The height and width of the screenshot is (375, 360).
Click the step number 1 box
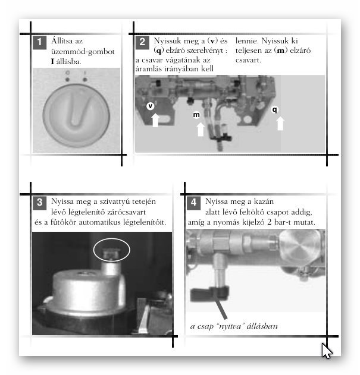(x=39, y=42)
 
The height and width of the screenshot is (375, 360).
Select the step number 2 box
(x=142, y=42)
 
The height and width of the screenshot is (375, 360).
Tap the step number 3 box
(x=39, y=203)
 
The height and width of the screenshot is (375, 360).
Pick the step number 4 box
(x=193, y=203)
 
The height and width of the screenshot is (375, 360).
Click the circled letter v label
(x=151, y=106)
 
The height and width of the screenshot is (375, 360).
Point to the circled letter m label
(x=196, y=115)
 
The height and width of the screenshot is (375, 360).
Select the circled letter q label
(x=274, y=109)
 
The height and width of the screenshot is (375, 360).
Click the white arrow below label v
(x=155, y=120)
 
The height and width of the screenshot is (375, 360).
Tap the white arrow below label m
(x=201, y=130)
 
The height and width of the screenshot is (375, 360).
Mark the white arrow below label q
(x=280, y=124)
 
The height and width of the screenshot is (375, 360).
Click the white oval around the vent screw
(x=112, y=238)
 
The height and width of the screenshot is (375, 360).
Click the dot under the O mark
(x=67, y=80)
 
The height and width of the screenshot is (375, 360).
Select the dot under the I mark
(x=84, y=80)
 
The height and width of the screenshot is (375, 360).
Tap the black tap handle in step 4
(x=209, y=294)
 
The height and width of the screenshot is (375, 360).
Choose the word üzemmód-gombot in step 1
(x=83, y=52)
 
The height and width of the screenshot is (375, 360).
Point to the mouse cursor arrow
(x=327, y=351)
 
